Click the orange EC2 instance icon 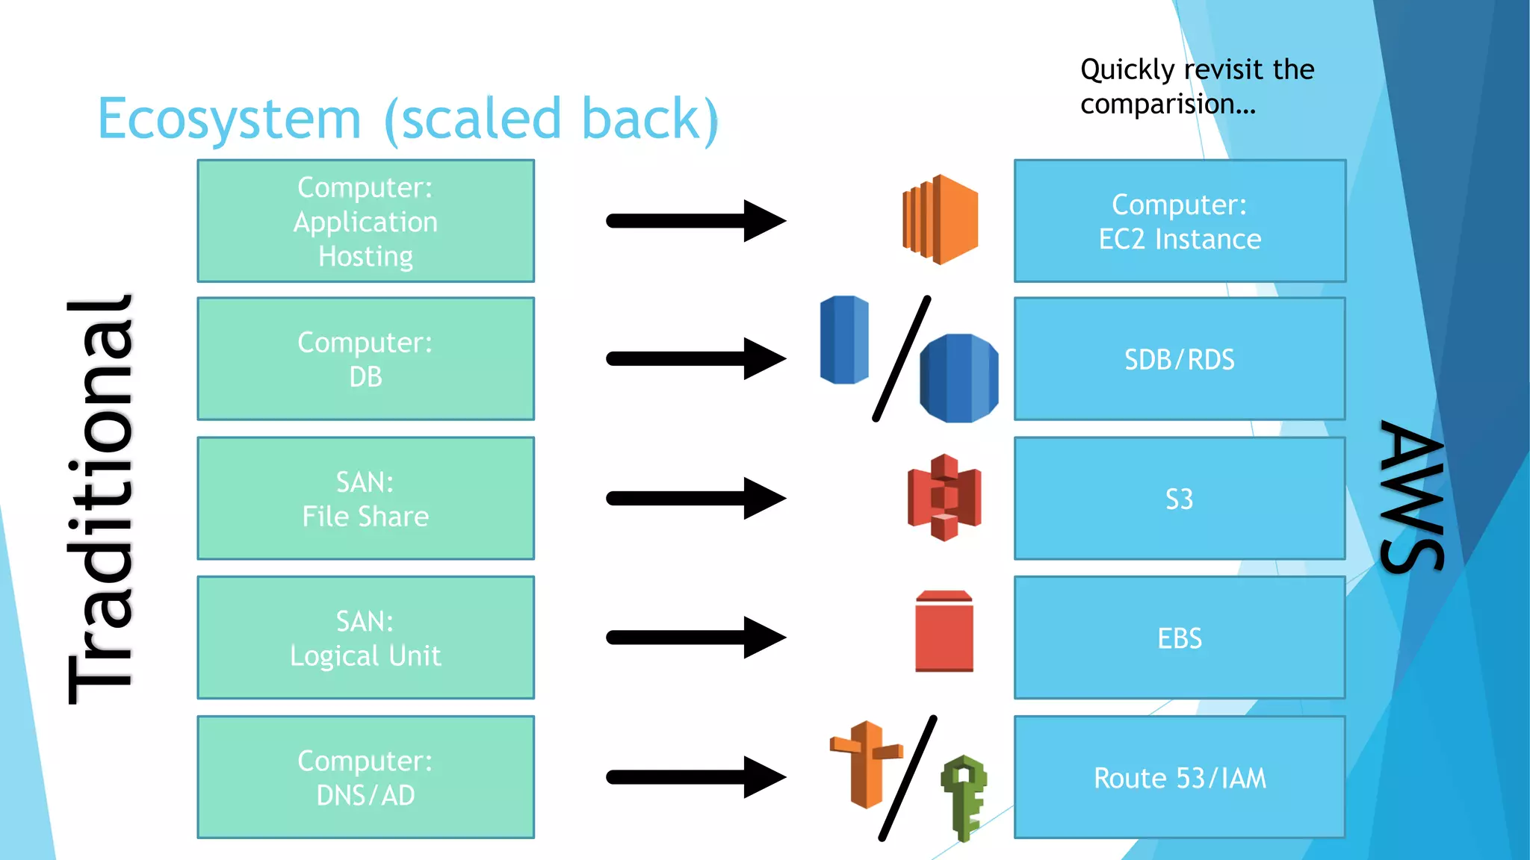pos(941,219)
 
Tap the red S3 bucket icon pos(944,497)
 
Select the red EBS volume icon pos(944,632)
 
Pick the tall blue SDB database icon pos(844,340)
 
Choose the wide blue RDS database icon pos(959,378)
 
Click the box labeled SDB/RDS pos(1179,359)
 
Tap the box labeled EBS pos(1179,638)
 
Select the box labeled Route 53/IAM pos(1179,778)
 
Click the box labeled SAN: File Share pos(365,499)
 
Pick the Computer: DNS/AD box pos(365,777)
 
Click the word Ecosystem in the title pos(229,119)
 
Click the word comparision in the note pos(1167,105)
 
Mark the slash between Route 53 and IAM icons pos(908,778)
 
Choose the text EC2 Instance pos(1179,240)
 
